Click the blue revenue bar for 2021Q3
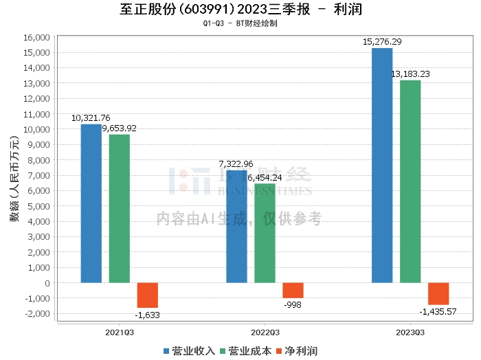pos(91,203)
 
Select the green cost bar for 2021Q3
pos(120,208)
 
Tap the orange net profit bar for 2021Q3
pos(147,295)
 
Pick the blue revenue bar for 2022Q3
pos(237,226)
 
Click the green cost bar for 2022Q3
pos(265,233)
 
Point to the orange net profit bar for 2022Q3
pos(293,290)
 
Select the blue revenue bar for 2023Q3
pos(382,165)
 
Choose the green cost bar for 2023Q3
pos(410,181)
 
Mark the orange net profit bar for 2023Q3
pos(438,293)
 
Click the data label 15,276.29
pos(382,42)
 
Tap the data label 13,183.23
pos(410,74)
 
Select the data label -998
pos(293,305)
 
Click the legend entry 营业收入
pos(189,351)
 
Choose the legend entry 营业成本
pos(243,351)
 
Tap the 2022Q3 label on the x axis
pos(265,332)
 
